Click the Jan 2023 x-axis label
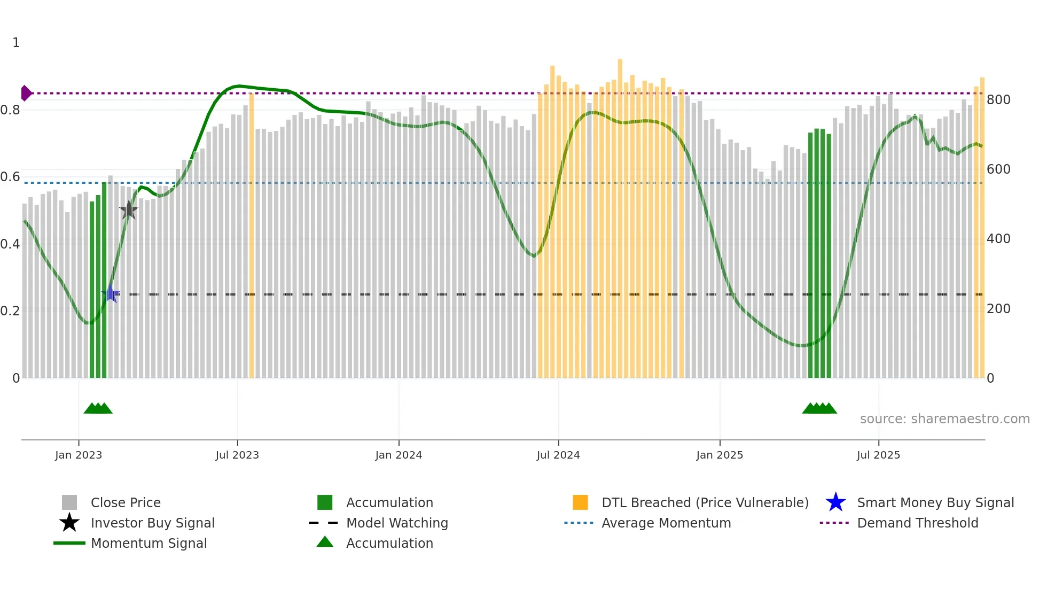[79, 455]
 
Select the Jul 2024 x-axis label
[558, 455]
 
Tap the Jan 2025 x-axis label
[720, 455]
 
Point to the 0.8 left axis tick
[10, 110]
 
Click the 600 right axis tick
[998, 169]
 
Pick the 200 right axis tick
[998, 309]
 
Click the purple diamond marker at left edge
[26, 93]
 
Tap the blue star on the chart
[111, 293]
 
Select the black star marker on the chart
[129, 210]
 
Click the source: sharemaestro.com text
[944, 419]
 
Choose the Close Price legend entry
[126, 502]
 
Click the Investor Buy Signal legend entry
[152, 523]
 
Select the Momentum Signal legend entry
[149, 543]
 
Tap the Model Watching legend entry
[397, 523]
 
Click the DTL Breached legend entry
[705, 502]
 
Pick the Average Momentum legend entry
[666, 523]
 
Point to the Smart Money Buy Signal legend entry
[935, 502]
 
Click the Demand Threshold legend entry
[917, 523]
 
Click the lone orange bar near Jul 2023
[252, 235]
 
